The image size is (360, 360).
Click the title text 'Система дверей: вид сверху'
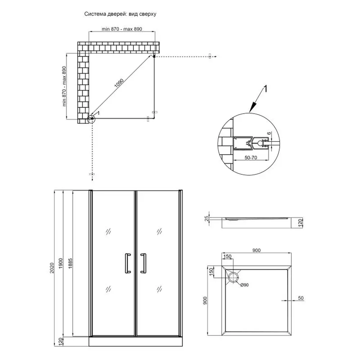pyautogui.click(x=120, y=14)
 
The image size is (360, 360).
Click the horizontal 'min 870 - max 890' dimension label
pyautogui.click(x=122, y=29)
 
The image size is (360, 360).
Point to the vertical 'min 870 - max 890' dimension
pyautogui.click(x=64, y=86)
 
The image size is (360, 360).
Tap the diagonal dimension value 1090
pyautogui.click(x=119, y=83)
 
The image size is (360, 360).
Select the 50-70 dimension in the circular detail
pyautogui.click(x=251, y=158)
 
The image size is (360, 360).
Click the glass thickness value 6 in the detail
pyautogui.click(x=269, y=133)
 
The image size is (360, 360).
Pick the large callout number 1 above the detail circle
pyautogui.click(x=265, y=89)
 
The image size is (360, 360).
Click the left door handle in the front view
pyautogui.click(x=128, y=264)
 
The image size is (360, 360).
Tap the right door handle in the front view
pyautogui.click(x=144, y=264)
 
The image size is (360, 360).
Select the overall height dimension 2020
pyautogui.click(x=52, y=268)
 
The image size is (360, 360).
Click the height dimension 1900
pyautogui.click(x=60, y=264)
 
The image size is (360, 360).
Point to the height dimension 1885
pyautogui.click(x=70, y=264)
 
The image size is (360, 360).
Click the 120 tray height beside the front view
pyautogui.click(x=60, y=342)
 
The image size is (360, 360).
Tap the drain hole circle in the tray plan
pyautogui.click(x=234, y=278)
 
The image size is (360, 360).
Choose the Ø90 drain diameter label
pyautogui.click(x=244, y=285)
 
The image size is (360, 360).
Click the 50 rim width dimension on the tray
pyautogui.click(x=301, y=298)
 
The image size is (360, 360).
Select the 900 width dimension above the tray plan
pyautogui.click(x=256, y=250)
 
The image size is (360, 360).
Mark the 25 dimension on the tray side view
pyautogui.click(x=207, y=219)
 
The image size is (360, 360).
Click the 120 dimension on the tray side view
pyautogui.click(x=301, y=223)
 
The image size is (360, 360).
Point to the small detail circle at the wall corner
pyautogui.click(x=91, y=119)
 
